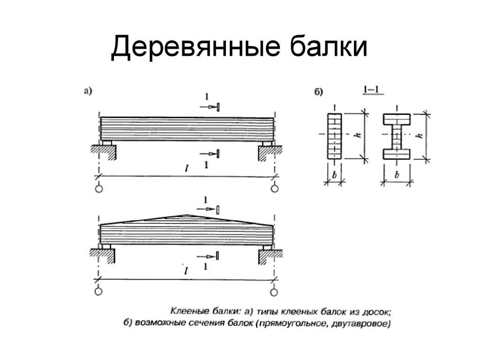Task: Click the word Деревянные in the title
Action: click(195, 47)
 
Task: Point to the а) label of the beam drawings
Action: click(88, 91)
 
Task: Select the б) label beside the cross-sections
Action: click(319, 91)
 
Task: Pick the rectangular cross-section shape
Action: click(334, 136)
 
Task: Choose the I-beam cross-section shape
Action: click(397, 136)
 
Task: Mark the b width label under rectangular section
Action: click(334, 175)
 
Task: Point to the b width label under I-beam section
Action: click(397, 175)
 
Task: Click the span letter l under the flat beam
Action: click(187, 168)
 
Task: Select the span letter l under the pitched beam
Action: click(186, 271)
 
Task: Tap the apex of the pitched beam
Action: click(187, 215)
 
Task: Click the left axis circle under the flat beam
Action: click(99, 188)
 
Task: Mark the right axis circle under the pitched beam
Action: click(274, 292)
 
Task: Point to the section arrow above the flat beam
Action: click(210, 107)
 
